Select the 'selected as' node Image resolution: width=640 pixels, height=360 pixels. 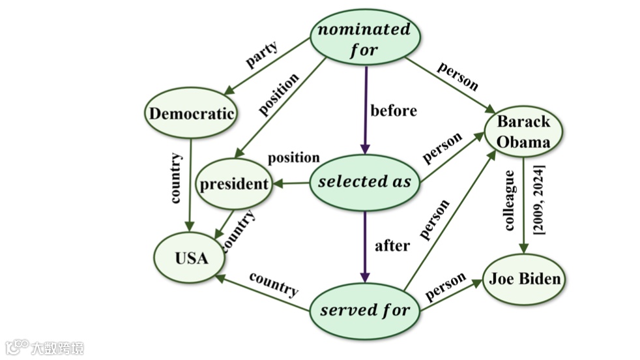[x=364, y=182]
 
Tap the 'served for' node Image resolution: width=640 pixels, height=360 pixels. [x=364, y=310]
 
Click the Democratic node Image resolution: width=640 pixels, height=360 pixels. [x=191, y=113]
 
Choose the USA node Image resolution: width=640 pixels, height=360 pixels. [x=191, y=258]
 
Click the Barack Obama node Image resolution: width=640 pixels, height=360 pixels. [x=523, y=132]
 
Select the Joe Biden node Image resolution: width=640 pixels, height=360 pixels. [x=525, y=279]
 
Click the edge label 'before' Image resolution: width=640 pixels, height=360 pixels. [x=394, y=111]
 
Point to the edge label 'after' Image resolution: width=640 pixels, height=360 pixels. [x=392, y=246]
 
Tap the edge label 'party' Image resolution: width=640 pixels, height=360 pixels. [x=261, y=55]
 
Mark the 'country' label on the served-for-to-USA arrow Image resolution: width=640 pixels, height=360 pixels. [x=274, y=284]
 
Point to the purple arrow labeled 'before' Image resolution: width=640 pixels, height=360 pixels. [x=365, y=111]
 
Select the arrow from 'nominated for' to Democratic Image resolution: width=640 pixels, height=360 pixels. [x=267, y=67]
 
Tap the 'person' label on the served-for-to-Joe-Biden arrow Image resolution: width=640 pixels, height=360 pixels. [x=446, y=286]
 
